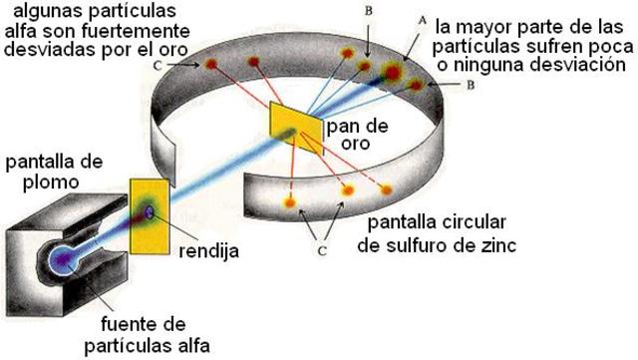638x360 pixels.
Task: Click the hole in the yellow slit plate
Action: point(152,208)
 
